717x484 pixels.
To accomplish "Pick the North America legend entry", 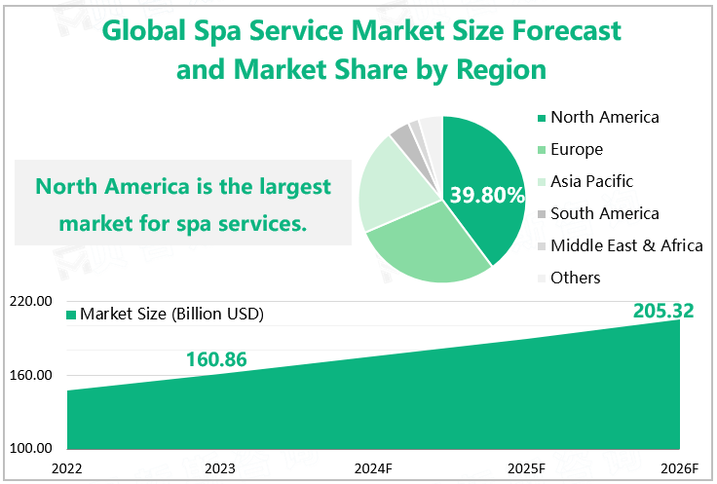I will [604, 118].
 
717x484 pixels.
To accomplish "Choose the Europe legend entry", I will [576, 150].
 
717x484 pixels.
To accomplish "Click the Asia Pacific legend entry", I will [591, 182].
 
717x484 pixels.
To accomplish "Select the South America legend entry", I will [604, 214].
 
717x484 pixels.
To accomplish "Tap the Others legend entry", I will [575, 279].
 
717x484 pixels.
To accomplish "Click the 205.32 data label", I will [662, 312].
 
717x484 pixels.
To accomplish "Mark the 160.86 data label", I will [216, 359].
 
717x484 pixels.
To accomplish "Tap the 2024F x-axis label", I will [373, 469].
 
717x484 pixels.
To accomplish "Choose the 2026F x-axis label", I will [679, 469].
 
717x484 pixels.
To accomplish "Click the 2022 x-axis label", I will [67, 469].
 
